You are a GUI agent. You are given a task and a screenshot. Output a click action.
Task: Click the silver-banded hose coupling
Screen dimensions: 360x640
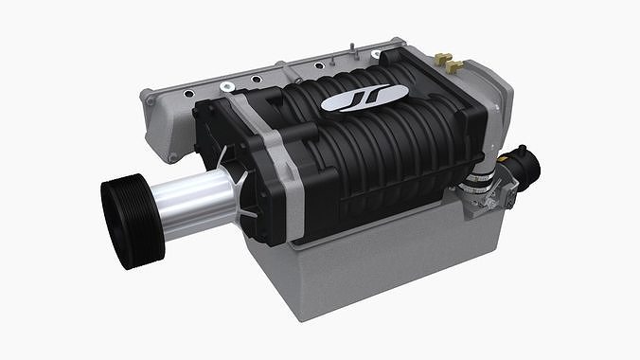(x=480, y=171)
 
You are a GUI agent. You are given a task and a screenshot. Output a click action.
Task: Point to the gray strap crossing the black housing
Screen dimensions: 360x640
(x=271, y=161)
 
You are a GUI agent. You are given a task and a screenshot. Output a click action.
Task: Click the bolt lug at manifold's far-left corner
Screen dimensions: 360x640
(x=148, y=97)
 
